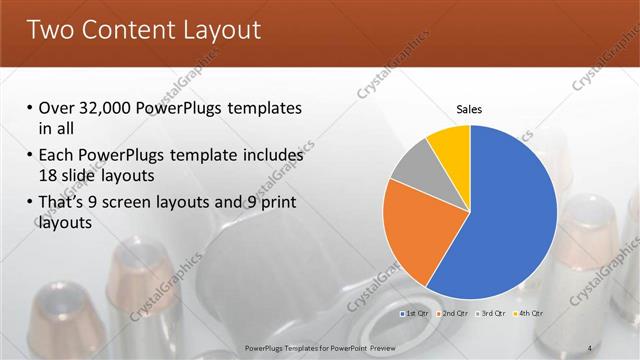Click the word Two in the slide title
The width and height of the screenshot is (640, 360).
(53, 30)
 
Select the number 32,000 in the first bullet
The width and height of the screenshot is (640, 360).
(105, 108)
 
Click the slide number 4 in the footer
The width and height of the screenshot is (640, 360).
(589, 347)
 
